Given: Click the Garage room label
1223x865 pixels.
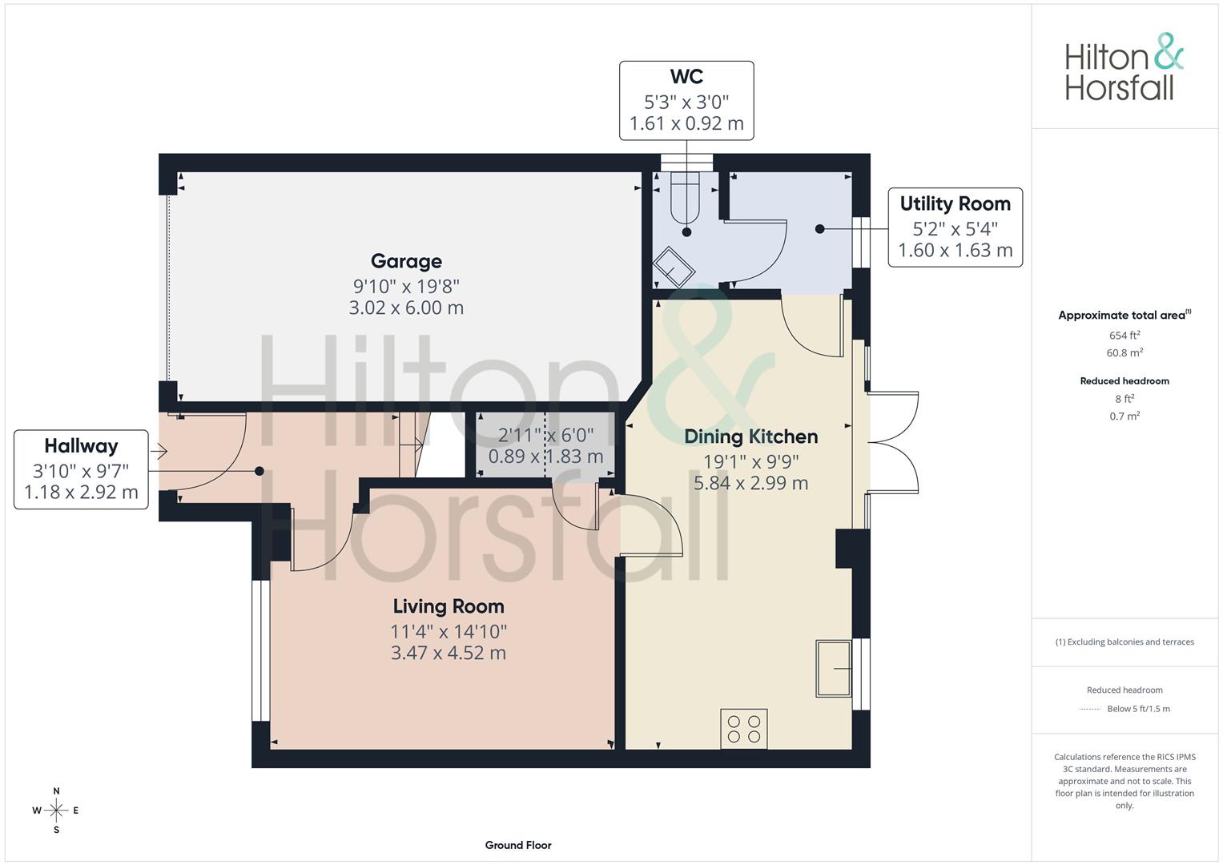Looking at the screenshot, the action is click(x=406, y=261).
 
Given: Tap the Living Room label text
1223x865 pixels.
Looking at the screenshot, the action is click(x=449, y=606).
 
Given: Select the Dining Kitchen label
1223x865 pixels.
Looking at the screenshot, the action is click(x=750, y=437).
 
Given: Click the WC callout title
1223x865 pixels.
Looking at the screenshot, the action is click(x=686, y=76).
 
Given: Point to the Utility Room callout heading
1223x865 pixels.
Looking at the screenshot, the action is click(x=955, y=203).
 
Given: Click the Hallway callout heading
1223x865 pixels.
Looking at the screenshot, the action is click(x=81, y=445).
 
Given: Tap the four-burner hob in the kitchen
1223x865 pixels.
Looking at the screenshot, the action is click(x=743, y=729).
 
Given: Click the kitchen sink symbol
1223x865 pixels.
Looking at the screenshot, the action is click(x=834, y=669).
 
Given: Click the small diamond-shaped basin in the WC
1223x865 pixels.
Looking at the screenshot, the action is click(x=674, y=268).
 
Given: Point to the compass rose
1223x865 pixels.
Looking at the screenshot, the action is click(x=56, y=811).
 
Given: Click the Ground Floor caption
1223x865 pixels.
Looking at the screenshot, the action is click(x=518, y=845).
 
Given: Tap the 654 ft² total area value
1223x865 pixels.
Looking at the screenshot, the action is click(x=1124, y=335).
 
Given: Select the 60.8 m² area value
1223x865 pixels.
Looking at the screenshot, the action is click(x=1124, y=352).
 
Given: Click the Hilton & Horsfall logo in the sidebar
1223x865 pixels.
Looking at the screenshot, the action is click(x=1124, y=67).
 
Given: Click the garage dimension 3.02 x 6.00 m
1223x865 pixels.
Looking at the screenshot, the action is click(x=406, y=308).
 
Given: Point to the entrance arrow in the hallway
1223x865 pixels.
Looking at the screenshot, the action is click(x=159, y=451).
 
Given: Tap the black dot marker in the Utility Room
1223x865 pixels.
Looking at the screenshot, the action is click(x=819, y=229).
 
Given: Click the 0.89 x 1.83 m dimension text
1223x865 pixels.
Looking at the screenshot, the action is click(x=545, y=456).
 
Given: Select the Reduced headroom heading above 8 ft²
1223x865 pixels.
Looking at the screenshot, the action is click(x=1124, y=380).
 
